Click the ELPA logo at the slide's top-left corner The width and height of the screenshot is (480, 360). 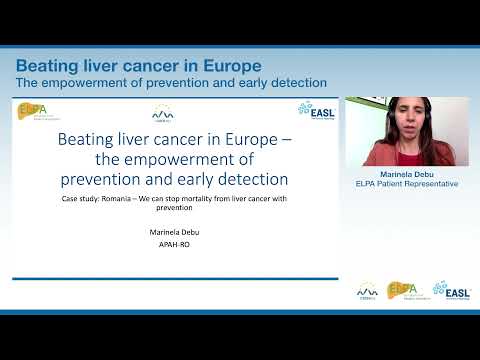tap(33, 111)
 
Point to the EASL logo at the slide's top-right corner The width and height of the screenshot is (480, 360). tap(317, 109)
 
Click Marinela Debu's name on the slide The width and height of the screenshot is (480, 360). tap(175, 230)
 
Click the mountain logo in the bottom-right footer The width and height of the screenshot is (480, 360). tap(367, 290)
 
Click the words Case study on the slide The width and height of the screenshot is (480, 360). tap(80, 200)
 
